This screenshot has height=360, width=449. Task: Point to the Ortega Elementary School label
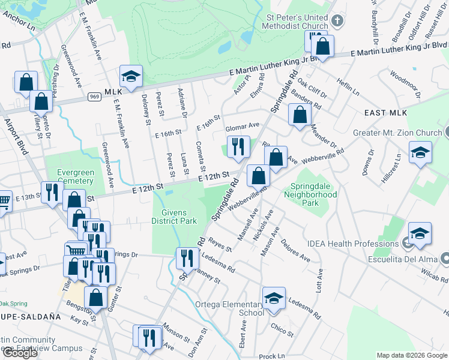[229, 308]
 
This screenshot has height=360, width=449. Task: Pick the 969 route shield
[94, 96]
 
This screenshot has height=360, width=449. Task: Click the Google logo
[20, 353]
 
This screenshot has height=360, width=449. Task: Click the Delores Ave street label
[294, 253]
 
